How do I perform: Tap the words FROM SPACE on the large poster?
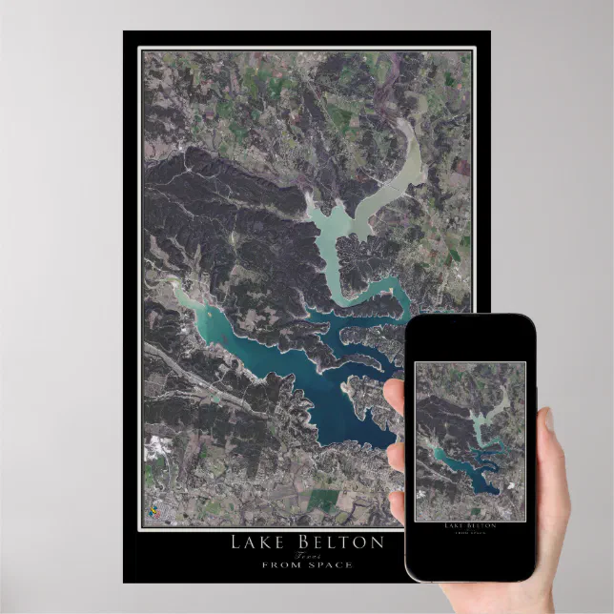306,565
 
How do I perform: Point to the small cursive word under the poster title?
306,555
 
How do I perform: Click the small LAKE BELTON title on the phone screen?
469,525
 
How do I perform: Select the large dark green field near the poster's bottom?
324,500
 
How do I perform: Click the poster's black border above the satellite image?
306,41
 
